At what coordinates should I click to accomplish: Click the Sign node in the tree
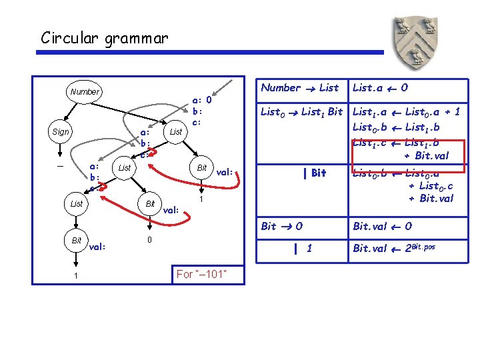pyautogui.click(x=60, y=132)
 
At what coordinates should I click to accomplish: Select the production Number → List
pyautogui.click(x=299, y=87)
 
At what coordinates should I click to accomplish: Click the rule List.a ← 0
pyautogui.click(x=380, y=87)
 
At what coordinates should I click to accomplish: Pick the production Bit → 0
pyautogui.click(x=282, y=226)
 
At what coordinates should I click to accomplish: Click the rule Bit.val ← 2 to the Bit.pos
pyautogui.click(x=393, y=249)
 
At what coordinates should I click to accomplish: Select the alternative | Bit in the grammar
pyautogui.click(x=314, y=173)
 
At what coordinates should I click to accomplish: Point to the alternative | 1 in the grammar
pyautogui.click(x=303, y=249)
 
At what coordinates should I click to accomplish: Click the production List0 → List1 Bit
pyautogui.click(x=301, y=112)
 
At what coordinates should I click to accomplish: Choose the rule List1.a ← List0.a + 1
pyautogui.click(x=406, y=112)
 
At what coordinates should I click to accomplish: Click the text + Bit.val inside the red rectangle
pyautogui.click(x=427, y=157)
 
